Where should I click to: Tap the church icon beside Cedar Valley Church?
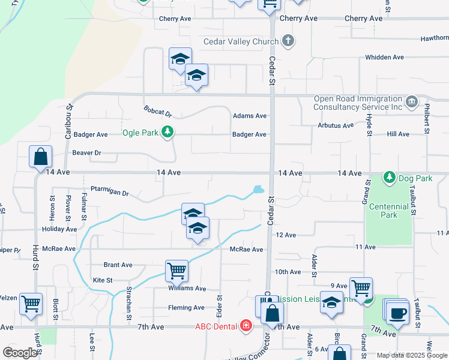tap(288, 41)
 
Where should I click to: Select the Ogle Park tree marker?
tap(169, 132)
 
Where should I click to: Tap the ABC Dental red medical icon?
tap(246, 326)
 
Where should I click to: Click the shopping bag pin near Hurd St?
tap(40, 157)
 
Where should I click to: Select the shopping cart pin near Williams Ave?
tap(177, 271)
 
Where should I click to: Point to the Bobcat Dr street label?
tap(158, 112)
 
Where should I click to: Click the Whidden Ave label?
tap(385, 57)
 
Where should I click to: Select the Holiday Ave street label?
tap(60, 229)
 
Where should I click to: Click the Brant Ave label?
tap(118, 265)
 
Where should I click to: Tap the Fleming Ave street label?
tap(187, 308)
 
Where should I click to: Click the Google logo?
tap(20, 353)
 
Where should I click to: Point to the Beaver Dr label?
tap(87, 153)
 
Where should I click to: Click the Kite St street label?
tap(103, 280)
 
